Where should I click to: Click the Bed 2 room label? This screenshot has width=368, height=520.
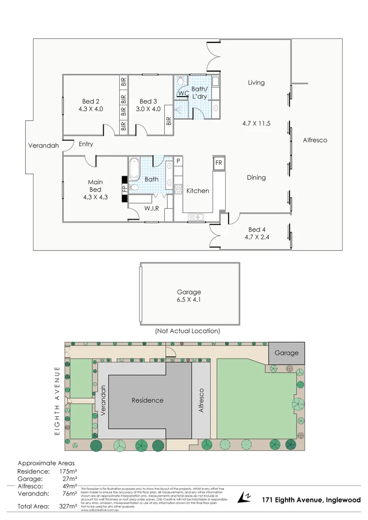pyautogui.click(x=91, y=101)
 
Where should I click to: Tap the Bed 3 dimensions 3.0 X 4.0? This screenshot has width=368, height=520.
pyautogui.click(x=148, y=109)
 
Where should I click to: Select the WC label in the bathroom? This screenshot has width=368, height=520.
pyautogui.click(x=183, y=94)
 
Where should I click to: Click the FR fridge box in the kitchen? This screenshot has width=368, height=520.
pyautogui.click(x=218, y=163)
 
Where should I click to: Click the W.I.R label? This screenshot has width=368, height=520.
pyautogui.click(x=152, y=209)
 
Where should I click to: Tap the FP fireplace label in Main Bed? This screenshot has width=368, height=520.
pyautogui.click(x=124, y=188)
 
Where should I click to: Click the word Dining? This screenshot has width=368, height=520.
pyautogui.click(x=256, y=177)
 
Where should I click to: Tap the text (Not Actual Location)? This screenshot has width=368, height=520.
pyautogui.click(x=187, y=331)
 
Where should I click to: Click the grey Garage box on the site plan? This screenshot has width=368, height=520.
pyautogui.click(x=286, y=353)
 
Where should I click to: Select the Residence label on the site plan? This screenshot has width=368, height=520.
pyautogui.click(x=147, y=400)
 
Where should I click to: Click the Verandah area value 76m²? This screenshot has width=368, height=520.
pyautogui.click(x=68, y=494)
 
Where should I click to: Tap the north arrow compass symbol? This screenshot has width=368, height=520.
pyautogui.click(x=243, y=498)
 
